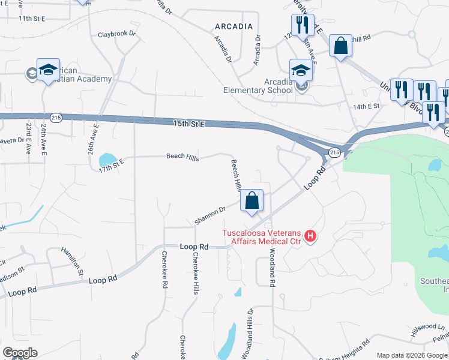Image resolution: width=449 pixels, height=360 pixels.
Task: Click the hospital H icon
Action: point(310,237)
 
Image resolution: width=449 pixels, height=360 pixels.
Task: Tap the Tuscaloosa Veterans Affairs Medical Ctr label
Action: point(261,238)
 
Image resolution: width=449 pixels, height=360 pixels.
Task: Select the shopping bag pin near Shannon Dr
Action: point(252,202)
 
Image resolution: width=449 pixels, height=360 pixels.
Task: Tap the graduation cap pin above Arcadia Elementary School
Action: point(301,70)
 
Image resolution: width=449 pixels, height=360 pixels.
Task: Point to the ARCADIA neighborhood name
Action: point(234,26)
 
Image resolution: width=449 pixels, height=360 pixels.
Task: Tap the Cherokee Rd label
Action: point(164,270)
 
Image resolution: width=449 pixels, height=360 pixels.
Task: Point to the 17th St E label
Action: point(111,161)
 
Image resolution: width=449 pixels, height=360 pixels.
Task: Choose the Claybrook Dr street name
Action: point(117,34)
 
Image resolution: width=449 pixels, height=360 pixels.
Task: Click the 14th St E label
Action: point(367,106)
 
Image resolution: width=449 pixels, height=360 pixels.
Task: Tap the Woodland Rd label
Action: point(272,267)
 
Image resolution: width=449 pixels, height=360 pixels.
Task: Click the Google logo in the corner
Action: point(20,353)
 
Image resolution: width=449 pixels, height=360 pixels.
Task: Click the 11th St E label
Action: point(32,19)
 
